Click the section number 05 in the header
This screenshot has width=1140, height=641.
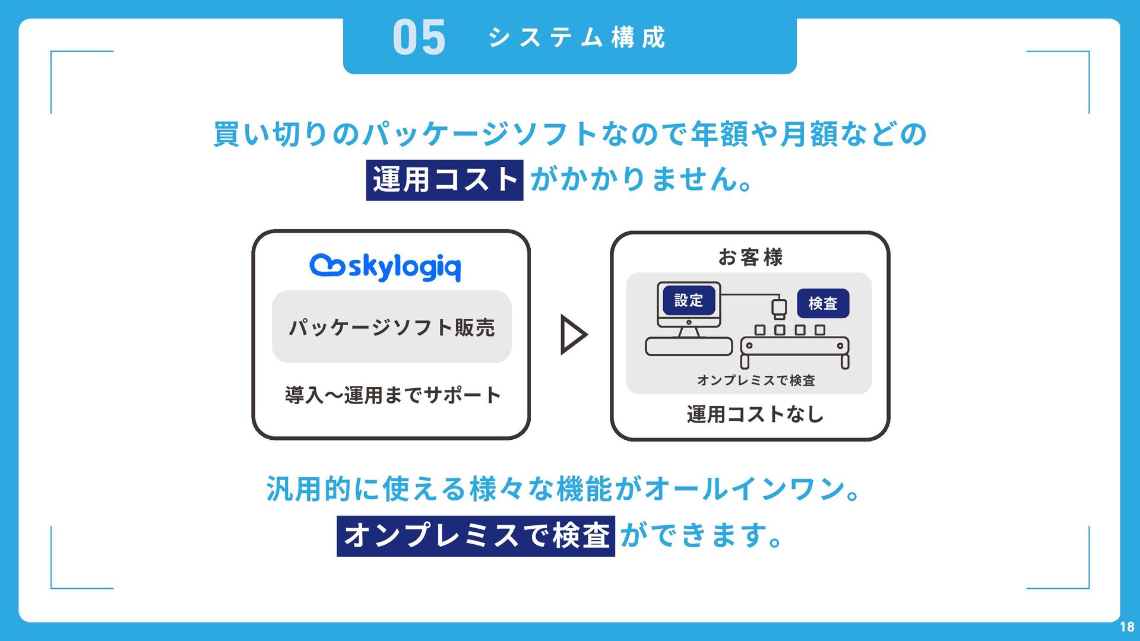click(419, 38)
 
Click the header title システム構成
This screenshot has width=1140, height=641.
click(577, 38)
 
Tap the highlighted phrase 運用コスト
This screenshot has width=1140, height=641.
click(445, 180)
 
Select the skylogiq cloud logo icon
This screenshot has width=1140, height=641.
click(327, 266)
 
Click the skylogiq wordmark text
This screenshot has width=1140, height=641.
click(404, 268)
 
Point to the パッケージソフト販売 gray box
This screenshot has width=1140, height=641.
click(392, 327)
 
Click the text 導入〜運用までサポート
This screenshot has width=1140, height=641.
click(392, 395)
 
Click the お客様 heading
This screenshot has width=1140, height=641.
click(750, 258)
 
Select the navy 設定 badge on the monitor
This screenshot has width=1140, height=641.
click(689, 301)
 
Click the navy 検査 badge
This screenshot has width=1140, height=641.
click(823, 303)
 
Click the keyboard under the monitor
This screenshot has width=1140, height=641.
click(689, 347)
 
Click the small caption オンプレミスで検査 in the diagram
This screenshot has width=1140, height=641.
click(756, 380)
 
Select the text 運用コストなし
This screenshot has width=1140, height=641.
click(755, 414)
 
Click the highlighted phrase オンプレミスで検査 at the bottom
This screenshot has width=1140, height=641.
click(476, 536)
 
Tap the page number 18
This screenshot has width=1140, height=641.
click(1127, 627)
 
